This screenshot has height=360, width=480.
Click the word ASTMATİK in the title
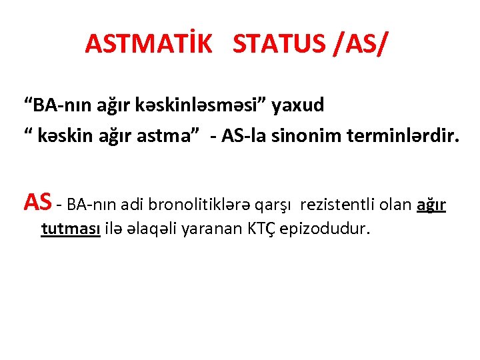(x=148, y=44)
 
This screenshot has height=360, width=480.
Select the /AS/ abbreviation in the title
(x=357, y=44)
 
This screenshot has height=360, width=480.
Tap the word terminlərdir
(x=403, y=137)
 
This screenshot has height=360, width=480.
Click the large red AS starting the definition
(x=37, y=201)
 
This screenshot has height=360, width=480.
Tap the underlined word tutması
(x=71, y=229)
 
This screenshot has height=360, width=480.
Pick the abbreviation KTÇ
(x=262, y=229)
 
